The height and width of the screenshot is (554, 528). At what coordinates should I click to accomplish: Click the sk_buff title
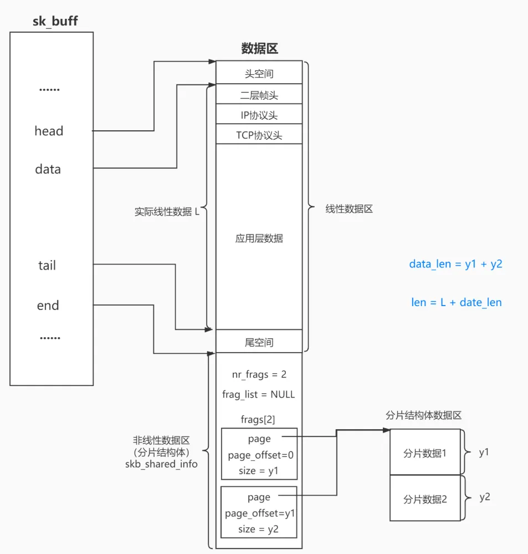coord(55,21)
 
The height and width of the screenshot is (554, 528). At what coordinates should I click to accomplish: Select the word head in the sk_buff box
coord(49,131)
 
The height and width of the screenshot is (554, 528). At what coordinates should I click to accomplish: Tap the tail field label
coord(47,265)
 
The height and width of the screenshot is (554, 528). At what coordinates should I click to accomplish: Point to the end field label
coord(48,305)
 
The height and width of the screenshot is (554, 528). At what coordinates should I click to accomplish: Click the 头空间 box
coord(259,73)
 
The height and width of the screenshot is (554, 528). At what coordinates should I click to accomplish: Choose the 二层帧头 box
coord(259,94)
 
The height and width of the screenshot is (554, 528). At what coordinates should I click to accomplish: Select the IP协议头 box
coord(259,114)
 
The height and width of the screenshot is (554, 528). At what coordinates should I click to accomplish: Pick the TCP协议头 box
coord(259,134)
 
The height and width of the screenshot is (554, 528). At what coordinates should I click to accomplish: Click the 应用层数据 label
coord(259,238)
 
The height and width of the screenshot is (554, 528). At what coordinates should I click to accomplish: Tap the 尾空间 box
coord(259,341)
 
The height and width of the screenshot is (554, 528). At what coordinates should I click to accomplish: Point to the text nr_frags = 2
coord(259,374)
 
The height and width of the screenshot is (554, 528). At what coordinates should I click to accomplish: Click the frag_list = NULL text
coord(258,394)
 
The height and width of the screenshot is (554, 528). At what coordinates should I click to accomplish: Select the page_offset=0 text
coord(260,455)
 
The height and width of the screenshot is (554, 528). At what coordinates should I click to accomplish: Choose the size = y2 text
coord(258,529)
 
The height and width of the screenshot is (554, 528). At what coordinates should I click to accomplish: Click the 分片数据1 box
coord(425,452)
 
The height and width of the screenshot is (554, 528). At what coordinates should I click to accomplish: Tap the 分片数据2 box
coord(425,498)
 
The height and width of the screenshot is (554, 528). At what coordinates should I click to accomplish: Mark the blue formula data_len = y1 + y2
coord(455,264)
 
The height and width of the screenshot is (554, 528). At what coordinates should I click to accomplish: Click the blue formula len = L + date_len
coord(457,302)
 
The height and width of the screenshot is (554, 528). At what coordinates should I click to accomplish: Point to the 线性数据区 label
coord(349,209)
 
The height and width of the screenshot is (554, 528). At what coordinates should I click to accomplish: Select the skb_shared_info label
coord(161,464)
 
